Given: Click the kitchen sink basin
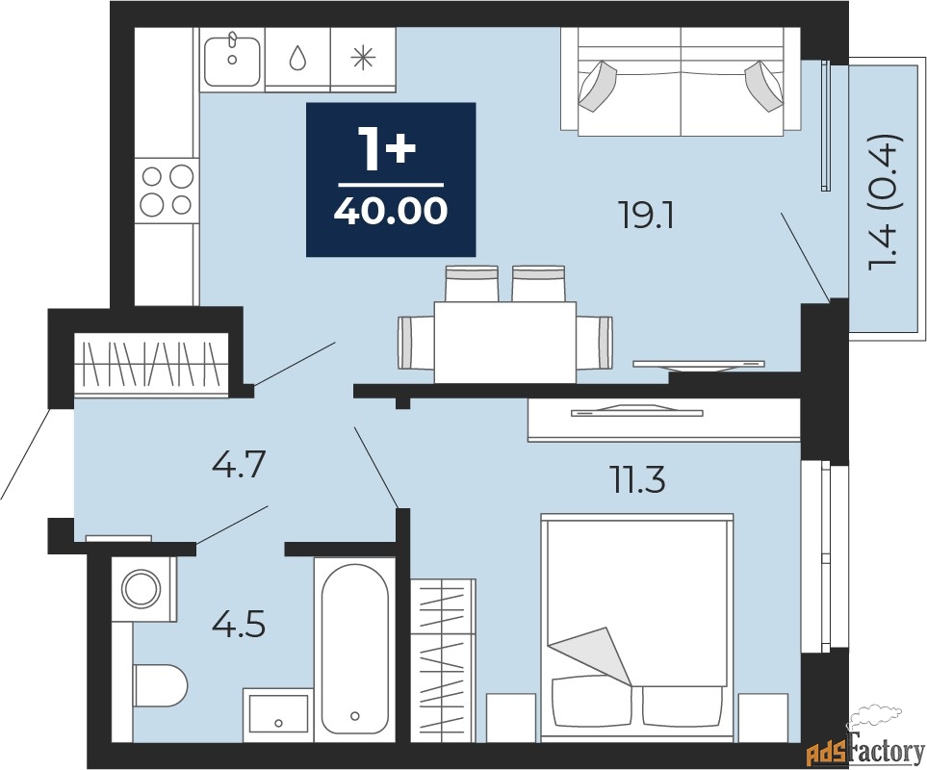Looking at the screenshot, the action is pyautogui.click(x=232, y=62).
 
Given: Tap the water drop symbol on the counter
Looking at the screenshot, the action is pyautogui.click(x=298, y=58).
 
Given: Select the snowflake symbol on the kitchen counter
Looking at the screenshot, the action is pyautogui.click(x=363, y=58).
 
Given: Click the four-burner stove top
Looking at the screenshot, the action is pyautogui.click(x=167, y=190).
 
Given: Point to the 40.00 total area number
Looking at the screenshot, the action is pyautogui.click(x=391, y=211).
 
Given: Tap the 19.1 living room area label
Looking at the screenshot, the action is pyautogui.click(x=645, y=218).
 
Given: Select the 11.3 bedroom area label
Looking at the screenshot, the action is pyautogui.click(x=637, y=481).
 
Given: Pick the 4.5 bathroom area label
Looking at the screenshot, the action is pyautogui.click(x=239, y=626).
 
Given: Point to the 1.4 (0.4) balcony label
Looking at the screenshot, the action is pyautogui.click(x=885, y=203).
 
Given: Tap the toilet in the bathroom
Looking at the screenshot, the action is pyautogui.click(x=160, y=685).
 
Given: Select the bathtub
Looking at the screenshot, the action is pyautogui.click(x=354, y=650).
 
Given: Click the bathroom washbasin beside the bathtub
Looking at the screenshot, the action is pyautogui.click(x=278, y=714).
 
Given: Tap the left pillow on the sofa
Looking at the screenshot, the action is pyautogui.click(x=598, y=86).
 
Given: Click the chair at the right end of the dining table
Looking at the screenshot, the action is pyautogui.click(x=594, y=343).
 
